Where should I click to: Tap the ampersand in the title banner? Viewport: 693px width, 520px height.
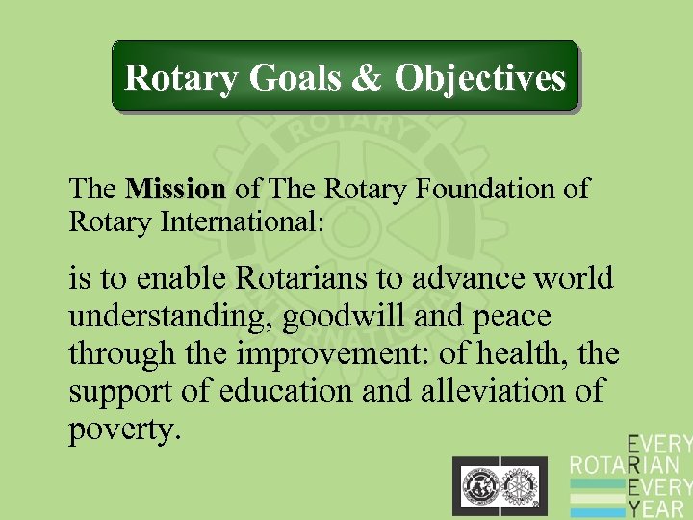click(367, 77)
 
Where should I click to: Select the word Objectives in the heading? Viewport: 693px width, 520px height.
click(479, 77)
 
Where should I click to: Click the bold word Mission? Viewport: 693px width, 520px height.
click(175, 189)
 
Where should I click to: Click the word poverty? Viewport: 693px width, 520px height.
click(123, 429)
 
